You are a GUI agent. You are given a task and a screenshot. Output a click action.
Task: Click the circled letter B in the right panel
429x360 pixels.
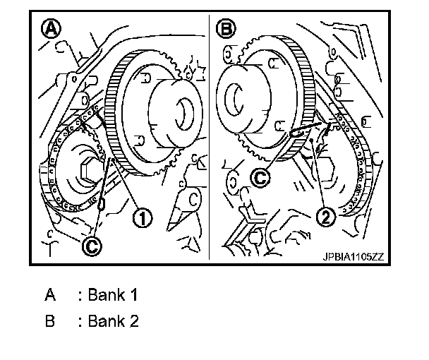227,30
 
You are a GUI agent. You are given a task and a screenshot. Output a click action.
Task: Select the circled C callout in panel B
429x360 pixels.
260,178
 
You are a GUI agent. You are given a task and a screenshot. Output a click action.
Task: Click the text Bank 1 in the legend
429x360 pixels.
112,296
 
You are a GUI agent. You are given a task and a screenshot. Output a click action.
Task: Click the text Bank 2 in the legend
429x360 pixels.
112,321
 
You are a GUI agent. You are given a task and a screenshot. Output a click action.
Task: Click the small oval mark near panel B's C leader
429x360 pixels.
296,131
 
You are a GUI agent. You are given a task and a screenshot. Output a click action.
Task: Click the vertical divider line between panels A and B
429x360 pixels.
211,141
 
